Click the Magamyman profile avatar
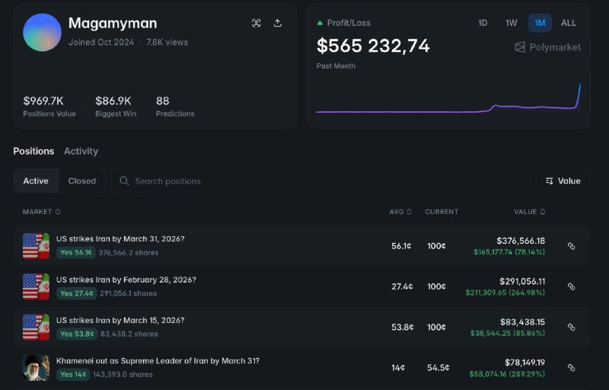coord(42,32)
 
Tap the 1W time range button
coord(512,23)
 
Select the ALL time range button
coord(569,23)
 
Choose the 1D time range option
coord(483,23)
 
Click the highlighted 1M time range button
coord(540,23)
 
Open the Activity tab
coord(81,151)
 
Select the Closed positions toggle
coord(82,181)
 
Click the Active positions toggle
coord(36,181)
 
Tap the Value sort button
coord(563,181)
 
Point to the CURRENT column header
coord(442,212)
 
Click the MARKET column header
coord(41,212)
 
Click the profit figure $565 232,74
coord(373,46)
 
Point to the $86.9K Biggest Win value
coord(113,101)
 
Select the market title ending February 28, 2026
coord(126,280)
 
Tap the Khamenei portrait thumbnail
coord(36,367)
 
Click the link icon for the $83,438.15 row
coord(572,327)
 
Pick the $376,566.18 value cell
coord(521,241)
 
